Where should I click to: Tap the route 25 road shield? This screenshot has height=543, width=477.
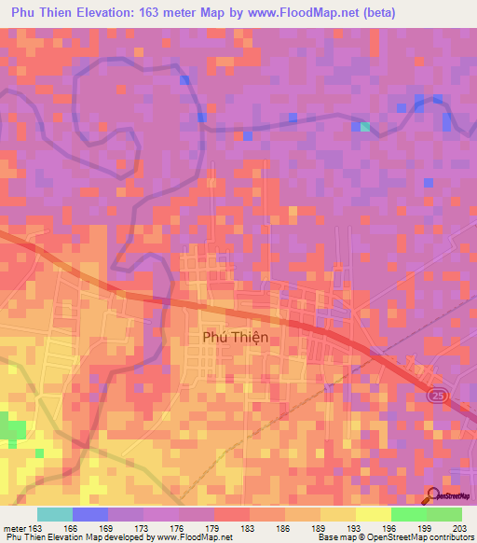click(x=437, y=397)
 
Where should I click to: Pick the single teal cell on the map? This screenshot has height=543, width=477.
click(x=365, y=127)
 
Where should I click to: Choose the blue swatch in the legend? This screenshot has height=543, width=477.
click(x=89, y=514)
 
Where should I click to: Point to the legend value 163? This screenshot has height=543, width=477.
click(x=35, y=529)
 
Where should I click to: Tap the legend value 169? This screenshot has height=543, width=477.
click(x=108, y=529)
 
